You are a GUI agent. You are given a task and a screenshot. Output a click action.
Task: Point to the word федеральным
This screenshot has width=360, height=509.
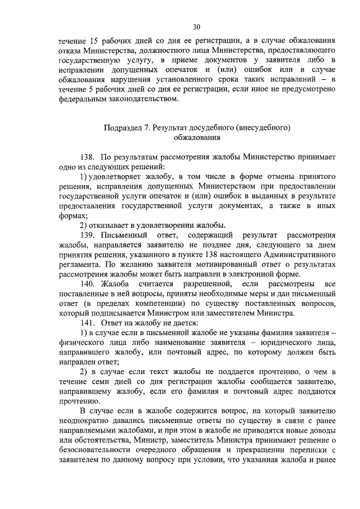pos(82,101)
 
